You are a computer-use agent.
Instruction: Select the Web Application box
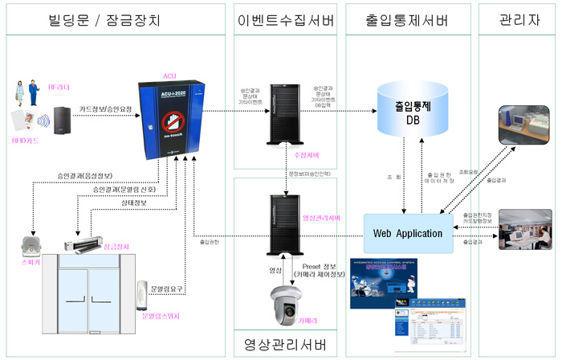coord(408,233)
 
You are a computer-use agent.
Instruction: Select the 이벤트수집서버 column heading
coord(285,18)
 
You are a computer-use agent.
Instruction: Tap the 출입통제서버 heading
coord(408,18)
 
